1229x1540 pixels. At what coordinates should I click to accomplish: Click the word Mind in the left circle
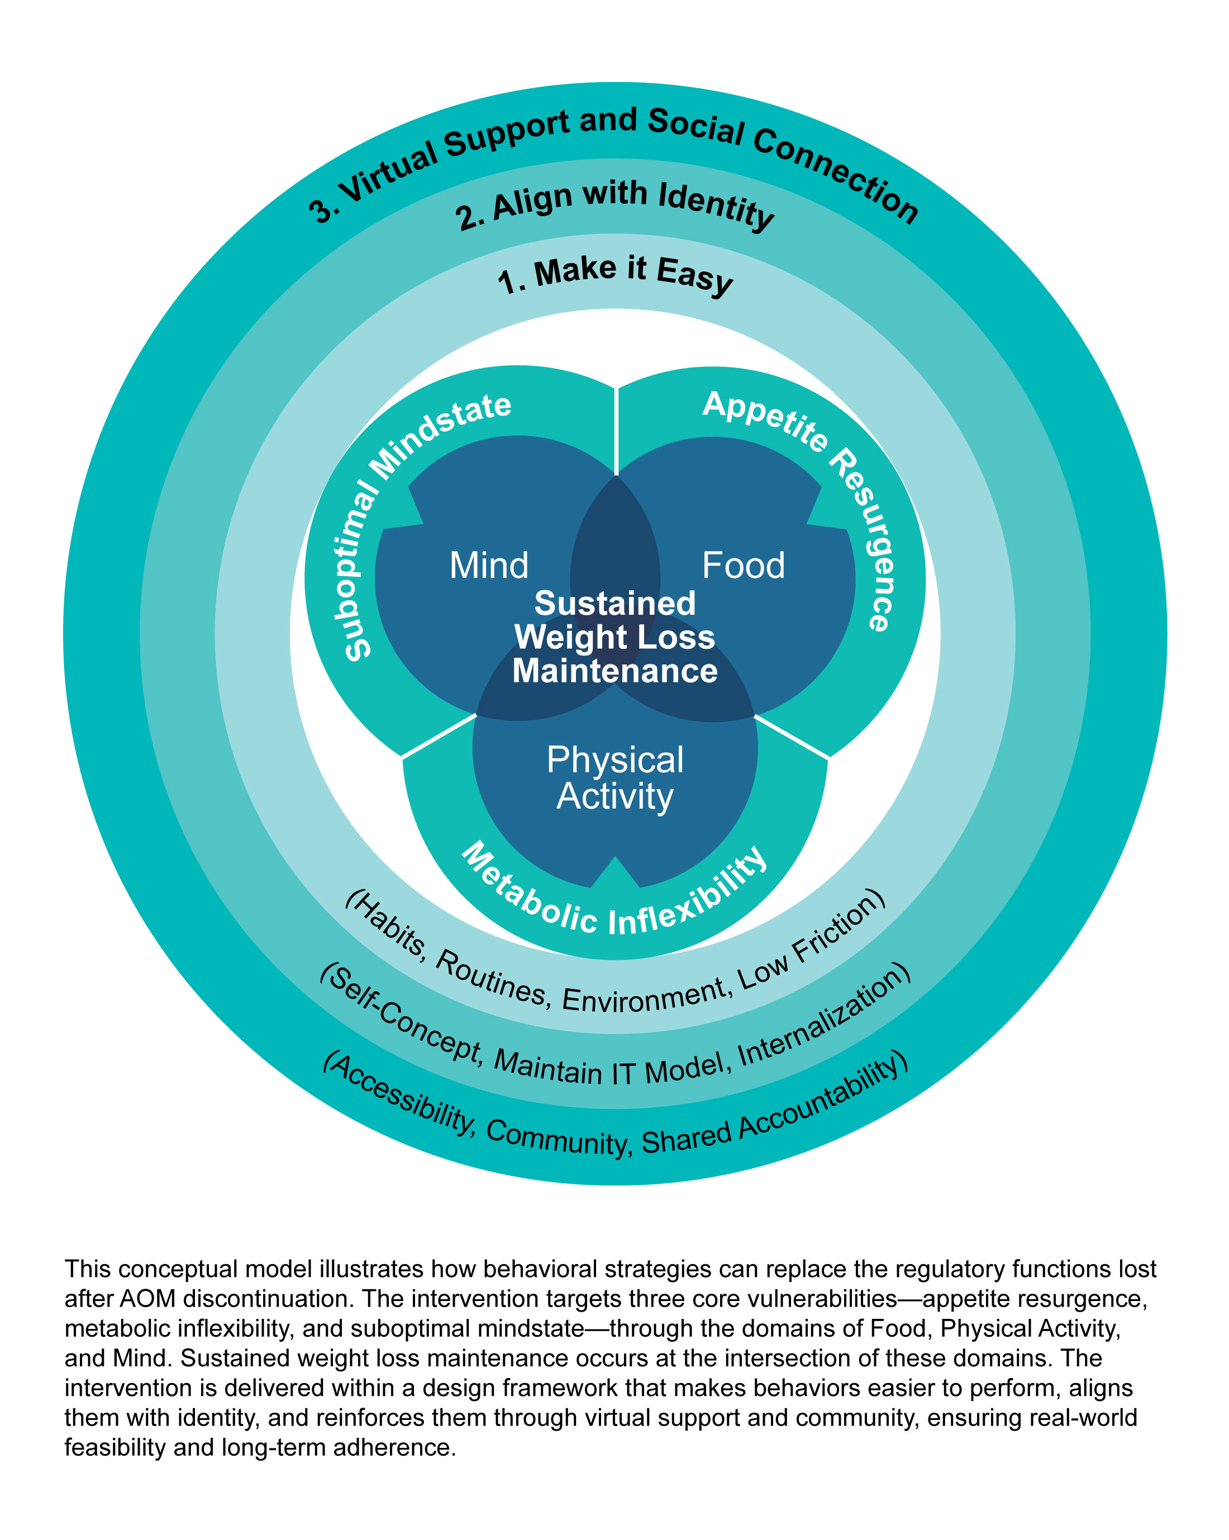(489, 566)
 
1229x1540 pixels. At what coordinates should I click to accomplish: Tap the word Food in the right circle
(743, 566)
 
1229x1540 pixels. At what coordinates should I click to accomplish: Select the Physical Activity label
(614, 778)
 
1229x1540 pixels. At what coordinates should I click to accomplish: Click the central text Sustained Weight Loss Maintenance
(614, 637)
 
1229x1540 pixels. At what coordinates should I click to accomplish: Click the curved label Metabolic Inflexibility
(614, 900)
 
